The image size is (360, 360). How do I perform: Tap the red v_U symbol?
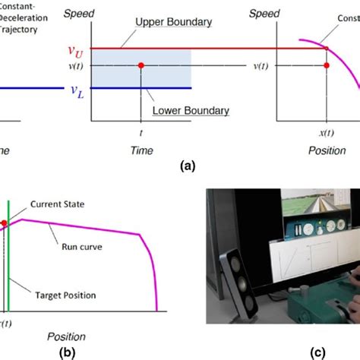(x=74, y=51)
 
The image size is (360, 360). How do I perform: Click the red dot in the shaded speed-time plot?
(x=141, y=66)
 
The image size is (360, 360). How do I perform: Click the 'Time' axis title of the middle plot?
(x=141, y=151)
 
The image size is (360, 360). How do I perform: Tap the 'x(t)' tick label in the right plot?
(x=326, y=131)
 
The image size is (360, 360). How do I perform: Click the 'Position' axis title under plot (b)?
(x=66, y=336)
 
